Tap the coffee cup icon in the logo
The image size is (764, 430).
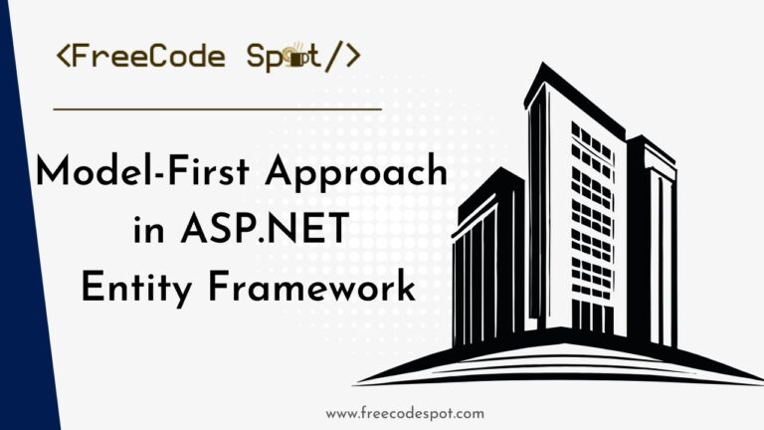[294, 59]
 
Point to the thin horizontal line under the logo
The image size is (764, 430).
[217, 108]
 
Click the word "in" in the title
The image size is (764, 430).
[148, 233]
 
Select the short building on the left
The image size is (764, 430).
[487, 259]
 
